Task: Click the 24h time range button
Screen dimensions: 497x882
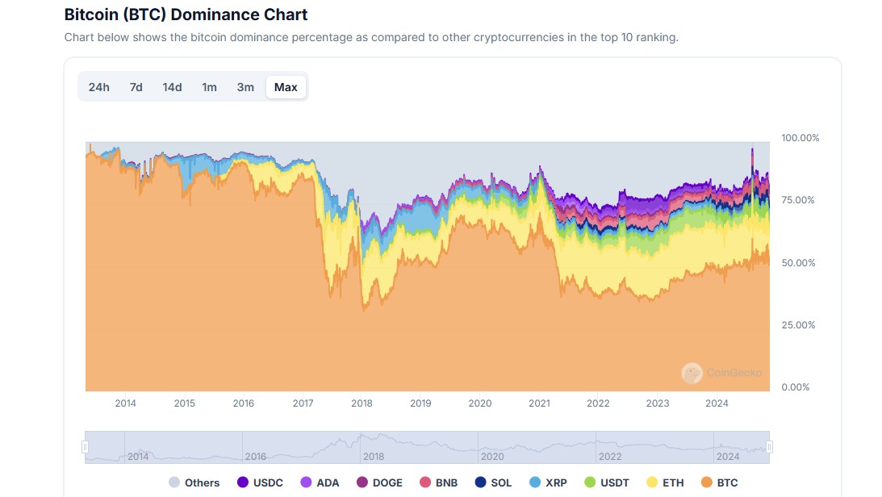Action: click(99, 87)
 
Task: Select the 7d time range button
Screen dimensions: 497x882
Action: click(136, 87)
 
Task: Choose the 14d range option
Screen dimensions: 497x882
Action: click(172, 87)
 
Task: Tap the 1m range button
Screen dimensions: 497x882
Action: click(209, 87)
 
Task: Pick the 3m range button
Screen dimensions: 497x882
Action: click(245, 87)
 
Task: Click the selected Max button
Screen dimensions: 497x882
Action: click(286, 87)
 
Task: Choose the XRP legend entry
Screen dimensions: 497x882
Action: click(548, 482)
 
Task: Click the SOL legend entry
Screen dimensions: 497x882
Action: click(493, 482)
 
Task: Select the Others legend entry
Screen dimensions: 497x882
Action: click(194, 482)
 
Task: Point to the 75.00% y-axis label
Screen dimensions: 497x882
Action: click(798, 200)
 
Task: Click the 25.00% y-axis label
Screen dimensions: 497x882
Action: click(798, 325)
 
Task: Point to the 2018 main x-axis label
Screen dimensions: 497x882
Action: click(362, 403)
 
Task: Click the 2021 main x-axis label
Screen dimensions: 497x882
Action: click(539, 403)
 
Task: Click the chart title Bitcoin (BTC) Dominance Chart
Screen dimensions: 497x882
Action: click(186, 15)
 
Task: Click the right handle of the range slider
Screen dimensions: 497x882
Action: click(769, 447)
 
